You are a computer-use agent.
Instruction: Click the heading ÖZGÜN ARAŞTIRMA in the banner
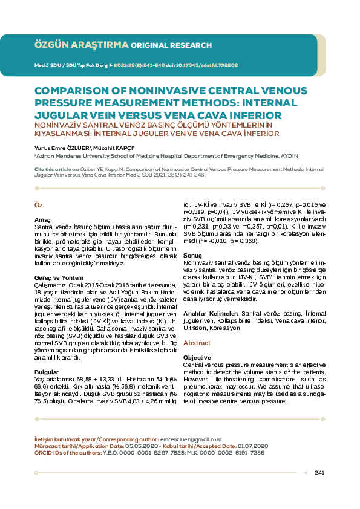click(x=82, y=45)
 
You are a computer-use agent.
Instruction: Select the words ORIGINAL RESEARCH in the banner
click(x=171, y=45)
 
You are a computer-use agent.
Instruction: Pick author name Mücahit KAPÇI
click(x=116, y=147)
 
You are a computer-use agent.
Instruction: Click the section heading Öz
click(x=38, y=206)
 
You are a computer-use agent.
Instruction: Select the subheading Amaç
click(x=42, y=219)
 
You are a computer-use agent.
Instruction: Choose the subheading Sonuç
click(x=193, y=256)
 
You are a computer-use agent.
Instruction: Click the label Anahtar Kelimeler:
click(x=211, y=313)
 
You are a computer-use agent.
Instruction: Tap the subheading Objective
click(x=197, y=357)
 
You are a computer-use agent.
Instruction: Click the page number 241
click(x=320, y=472)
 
